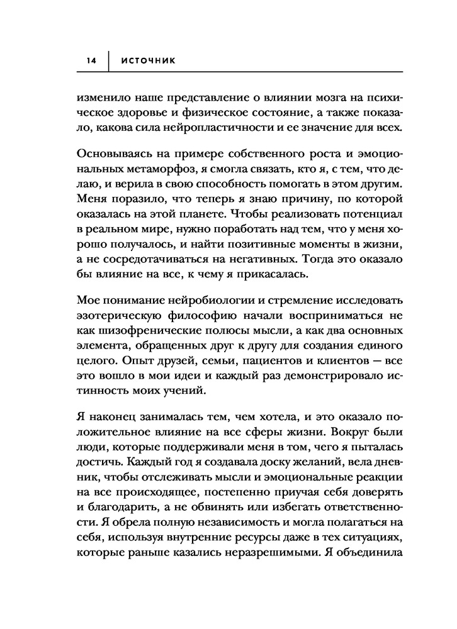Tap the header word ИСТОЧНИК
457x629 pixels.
pos(149,61)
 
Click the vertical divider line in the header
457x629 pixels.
pos(110,61)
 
